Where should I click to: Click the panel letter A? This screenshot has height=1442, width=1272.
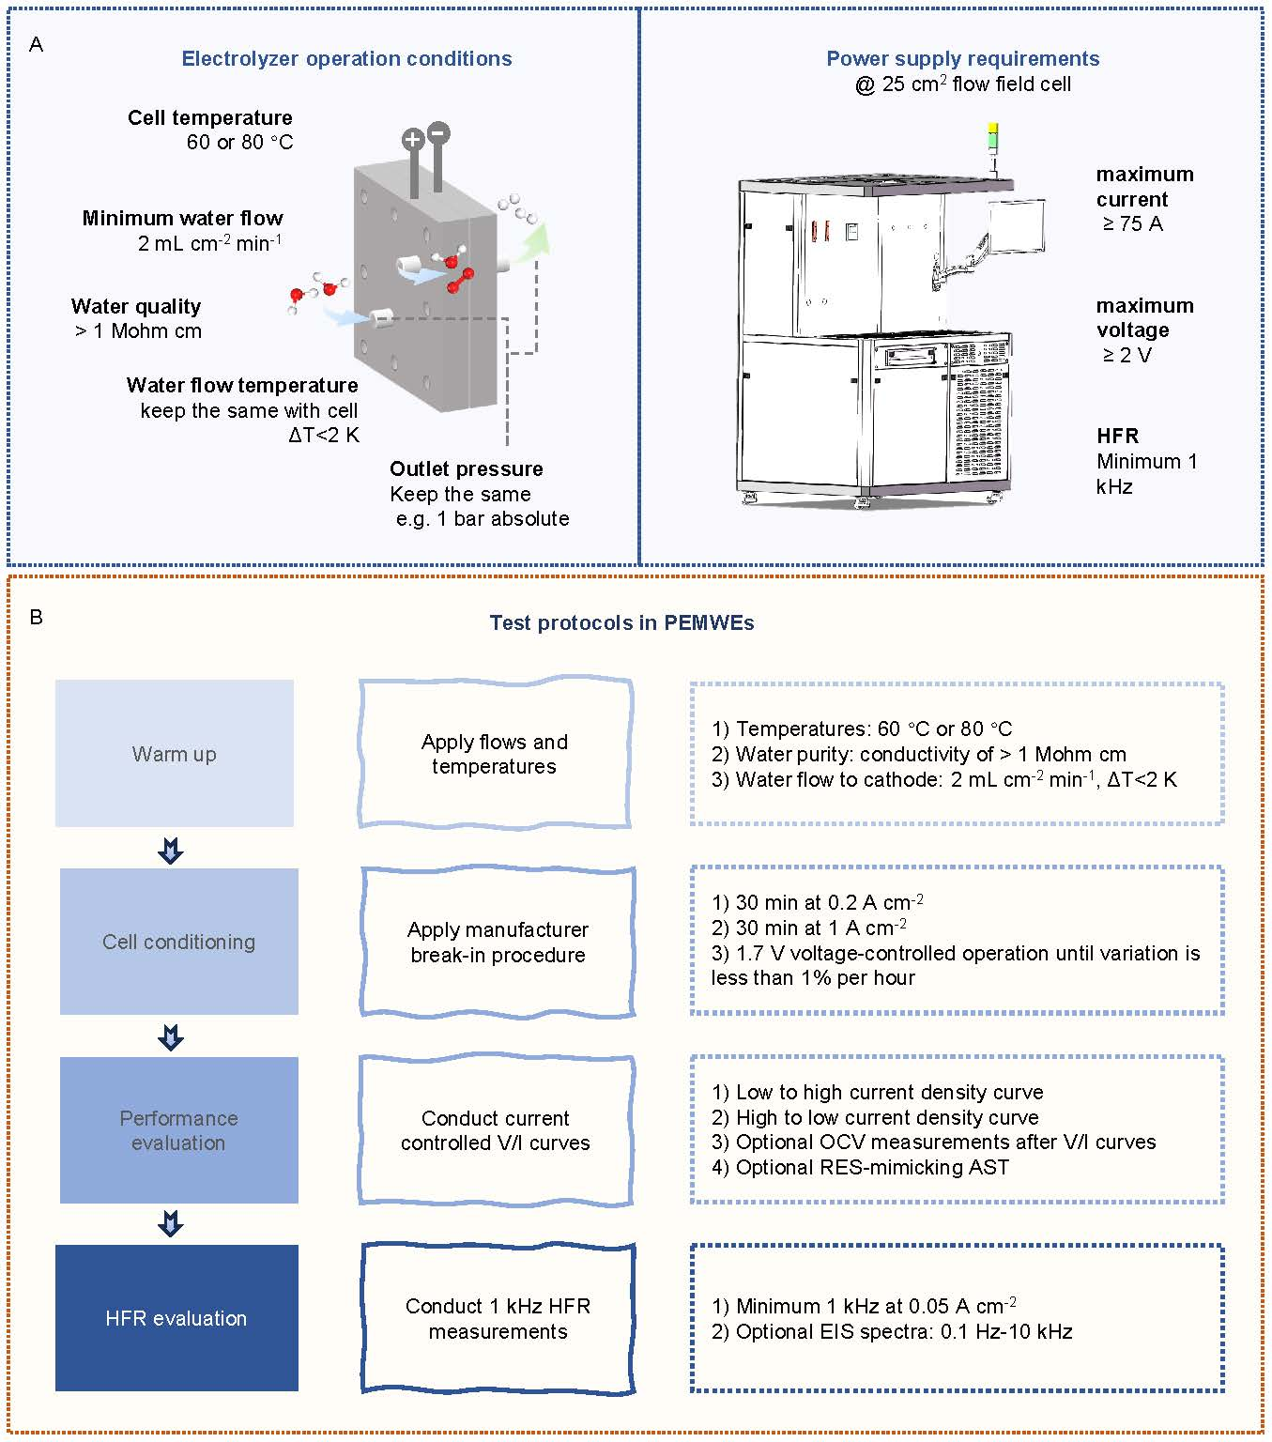[36, 44]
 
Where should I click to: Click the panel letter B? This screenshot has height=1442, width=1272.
[36, 617]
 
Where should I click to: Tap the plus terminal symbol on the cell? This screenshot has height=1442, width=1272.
[412, 140]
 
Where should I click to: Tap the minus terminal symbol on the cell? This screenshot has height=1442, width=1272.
[437, 132]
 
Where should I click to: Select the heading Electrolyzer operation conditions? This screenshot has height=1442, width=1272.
[346, 58]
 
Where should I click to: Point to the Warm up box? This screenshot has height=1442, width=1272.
[175, 754]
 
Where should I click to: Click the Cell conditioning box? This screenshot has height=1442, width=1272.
[178, 942]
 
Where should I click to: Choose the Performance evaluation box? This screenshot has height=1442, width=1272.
[178, 1130]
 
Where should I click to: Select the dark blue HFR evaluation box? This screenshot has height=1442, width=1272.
[176, 1318]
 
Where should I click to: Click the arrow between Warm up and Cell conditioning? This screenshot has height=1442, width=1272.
[171, 851]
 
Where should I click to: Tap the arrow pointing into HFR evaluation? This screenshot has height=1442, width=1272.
[171, 1223]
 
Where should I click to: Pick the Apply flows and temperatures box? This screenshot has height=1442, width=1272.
[495, 754]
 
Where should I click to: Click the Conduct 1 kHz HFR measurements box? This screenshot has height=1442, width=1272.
[498, 1318]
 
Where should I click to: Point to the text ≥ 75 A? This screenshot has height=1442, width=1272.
[1132, 223]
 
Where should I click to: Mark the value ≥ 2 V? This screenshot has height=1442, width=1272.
[1126, 355]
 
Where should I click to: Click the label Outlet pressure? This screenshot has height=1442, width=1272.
[466, 468]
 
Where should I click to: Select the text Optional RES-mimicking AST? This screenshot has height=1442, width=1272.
[872, 1167]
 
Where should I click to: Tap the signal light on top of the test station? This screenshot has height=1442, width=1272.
[993, 138]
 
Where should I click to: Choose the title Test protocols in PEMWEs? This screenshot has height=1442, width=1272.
[621, 622]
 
